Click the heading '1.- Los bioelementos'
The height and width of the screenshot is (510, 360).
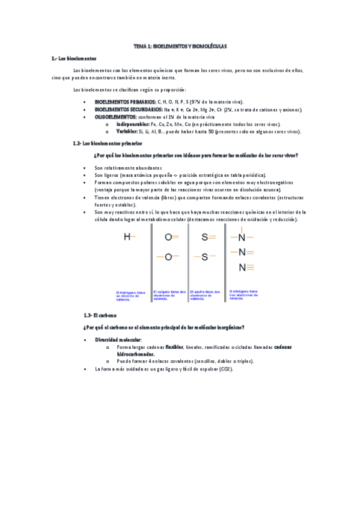74,58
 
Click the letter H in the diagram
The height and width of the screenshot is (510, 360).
127,237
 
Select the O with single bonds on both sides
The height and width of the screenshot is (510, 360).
168,257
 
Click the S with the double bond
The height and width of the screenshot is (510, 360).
204,237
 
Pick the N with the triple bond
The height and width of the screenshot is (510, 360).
242,266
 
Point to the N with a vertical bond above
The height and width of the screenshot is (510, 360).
242,237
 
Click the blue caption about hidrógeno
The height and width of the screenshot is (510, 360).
132,295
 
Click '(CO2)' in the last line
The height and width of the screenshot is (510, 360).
225,368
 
